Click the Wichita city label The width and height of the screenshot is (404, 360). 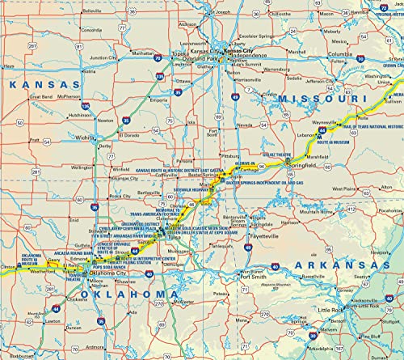point(85,138)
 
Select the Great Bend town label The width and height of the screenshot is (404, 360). point(41,96)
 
